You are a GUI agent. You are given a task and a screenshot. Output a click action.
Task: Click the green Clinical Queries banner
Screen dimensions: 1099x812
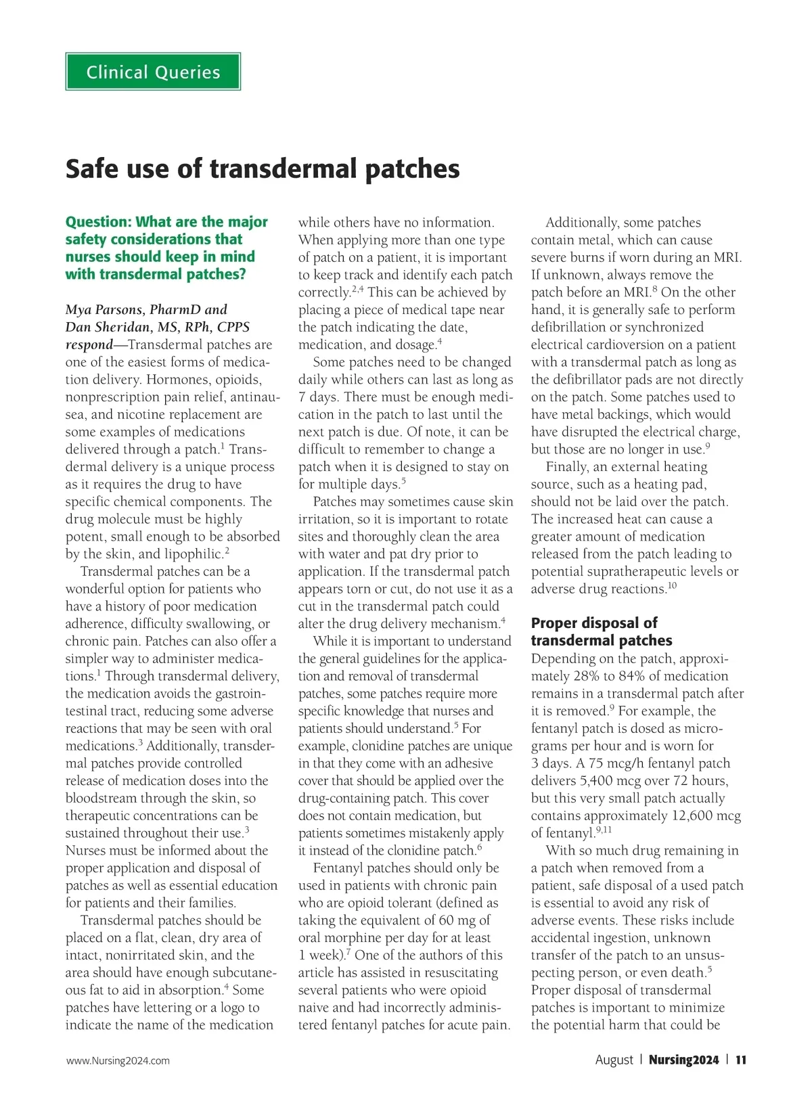point(153,72)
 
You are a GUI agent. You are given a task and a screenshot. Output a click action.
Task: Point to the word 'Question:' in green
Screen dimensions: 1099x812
point(97,222)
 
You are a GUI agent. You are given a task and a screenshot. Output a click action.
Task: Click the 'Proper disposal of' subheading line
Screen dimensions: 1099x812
point(593,623)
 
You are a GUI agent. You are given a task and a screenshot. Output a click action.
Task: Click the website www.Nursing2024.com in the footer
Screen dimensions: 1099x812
point(118,1060)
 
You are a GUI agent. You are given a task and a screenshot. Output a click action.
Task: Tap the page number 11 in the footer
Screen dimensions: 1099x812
point(741,1060)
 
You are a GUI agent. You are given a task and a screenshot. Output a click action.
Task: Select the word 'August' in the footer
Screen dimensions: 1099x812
point(614,1060)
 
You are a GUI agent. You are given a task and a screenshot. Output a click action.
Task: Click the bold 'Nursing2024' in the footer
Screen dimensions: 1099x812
point(683,1060)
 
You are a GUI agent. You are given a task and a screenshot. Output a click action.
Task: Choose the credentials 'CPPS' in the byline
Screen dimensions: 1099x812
point(233,328)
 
